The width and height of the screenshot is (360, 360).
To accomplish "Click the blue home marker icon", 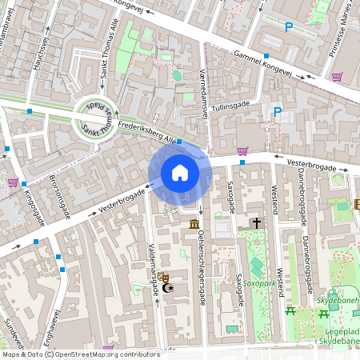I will click(x=180, y=173).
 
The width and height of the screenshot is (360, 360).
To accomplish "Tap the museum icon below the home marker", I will click(x=194, y=226).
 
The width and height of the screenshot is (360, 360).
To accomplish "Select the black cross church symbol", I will click(x=257, y=223).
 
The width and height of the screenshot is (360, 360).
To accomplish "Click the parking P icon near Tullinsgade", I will click(x=278, y=112).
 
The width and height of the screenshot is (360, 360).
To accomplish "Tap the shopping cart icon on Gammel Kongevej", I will click(x=337, y=78).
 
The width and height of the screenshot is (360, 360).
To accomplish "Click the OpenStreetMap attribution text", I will click(x=80, y=354).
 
